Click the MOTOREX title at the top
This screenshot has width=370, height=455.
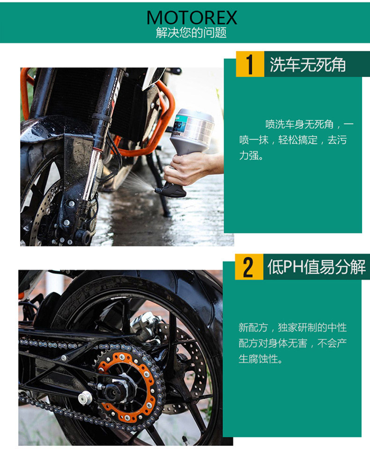tap(192, 18)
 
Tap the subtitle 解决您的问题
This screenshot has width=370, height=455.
tap(191, 33)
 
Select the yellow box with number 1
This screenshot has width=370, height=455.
tap(250, 64)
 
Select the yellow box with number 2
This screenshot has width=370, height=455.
tap(249, 267)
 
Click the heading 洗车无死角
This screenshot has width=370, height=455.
tap(308, 65)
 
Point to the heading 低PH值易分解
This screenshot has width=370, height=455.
tap(317, 267)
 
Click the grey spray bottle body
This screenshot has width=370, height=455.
tap(192, 131)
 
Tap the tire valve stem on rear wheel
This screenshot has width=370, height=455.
tap(185, 440)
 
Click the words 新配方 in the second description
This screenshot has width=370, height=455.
tap(253, 328)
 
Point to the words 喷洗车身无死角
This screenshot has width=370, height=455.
tap(299, 124)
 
